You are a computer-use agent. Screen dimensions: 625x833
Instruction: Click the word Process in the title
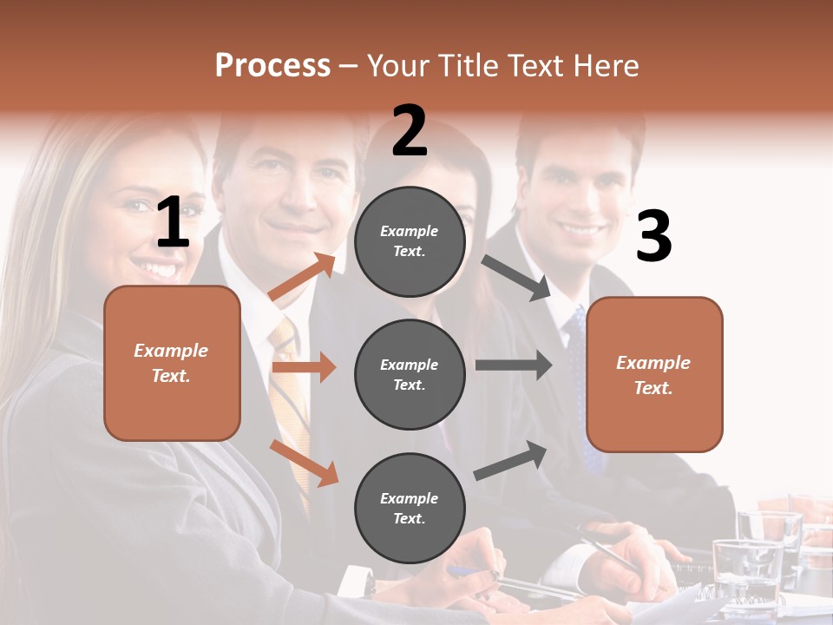272,65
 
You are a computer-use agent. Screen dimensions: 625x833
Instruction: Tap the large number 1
173,223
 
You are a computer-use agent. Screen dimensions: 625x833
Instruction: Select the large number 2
410,132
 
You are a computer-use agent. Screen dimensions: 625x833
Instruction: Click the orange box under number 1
172,363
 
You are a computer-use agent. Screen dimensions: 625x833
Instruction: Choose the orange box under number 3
654,374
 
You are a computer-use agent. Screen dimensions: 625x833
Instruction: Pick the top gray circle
410,241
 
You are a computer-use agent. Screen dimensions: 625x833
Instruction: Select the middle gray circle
410,374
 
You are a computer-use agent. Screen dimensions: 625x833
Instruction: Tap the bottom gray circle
410,508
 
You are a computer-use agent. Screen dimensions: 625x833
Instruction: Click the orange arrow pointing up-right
302,277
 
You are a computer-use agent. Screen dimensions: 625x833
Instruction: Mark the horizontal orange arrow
304,367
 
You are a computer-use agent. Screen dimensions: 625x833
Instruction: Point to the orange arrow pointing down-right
304,463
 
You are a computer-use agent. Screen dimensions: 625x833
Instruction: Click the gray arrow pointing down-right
517,278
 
